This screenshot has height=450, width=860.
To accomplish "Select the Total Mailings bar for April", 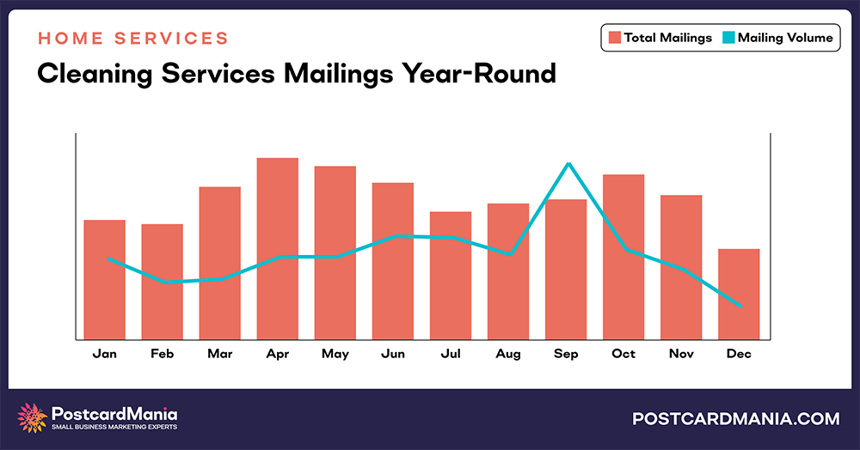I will click(277, 249).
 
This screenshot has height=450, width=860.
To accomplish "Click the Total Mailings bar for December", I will click(739, 294).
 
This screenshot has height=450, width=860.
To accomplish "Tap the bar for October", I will click(623, 257).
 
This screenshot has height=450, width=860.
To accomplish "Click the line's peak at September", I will click(568, 164).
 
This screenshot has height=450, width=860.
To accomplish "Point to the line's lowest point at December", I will click(740, 306).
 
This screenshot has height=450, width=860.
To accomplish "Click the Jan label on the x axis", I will click(105, 354).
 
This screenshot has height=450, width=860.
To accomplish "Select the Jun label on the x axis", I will click(393, 354).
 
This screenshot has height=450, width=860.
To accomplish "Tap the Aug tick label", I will click(508, 354).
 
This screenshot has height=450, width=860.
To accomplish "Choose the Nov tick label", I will click(681, 354).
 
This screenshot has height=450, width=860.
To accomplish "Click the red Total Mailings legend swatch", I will click(614, 37).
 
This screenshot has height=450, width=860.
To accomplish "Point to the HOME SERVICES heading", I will click(132, 39).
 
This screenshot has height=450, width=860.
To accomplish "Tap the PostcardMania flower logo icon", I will click(33, 418).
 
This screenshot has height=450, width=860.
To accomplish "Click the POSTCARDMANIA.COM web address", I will click(735, 419).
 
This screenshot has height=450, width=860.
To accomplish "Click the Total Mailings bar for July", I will click(451, 275).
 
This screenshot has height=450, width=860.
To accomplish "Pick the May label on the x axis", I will click(335, 354).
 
